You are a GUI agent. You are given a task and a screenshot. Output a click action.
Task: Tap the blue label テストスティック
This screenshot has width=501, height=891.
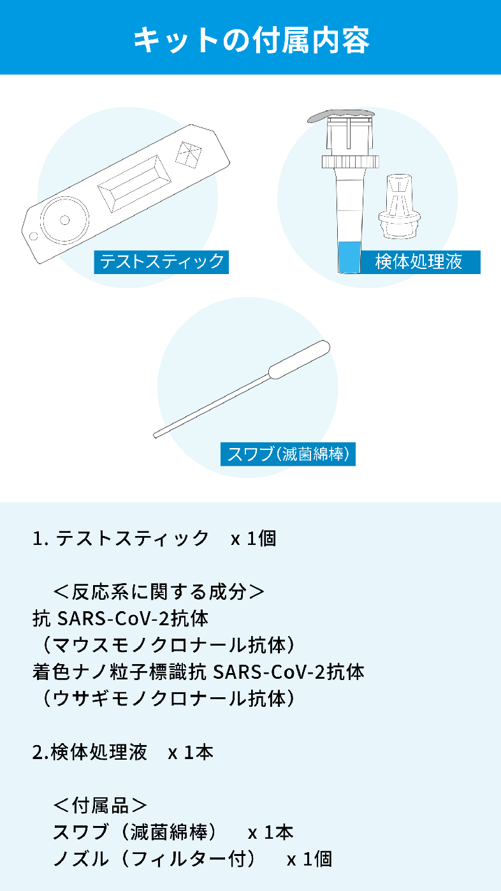tap(161, 262)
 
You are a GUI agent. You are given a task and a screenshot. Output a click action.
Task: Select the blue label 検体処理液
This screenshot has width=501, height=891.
tap(420, 262)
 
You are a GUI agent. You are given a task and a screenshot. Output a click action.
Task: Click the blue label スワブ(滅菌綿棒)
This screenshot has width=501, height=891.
tap(288, 454)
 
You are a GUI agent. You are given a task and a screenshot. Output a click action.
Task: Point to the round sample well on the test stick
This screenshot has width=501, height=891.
tap(65, 220)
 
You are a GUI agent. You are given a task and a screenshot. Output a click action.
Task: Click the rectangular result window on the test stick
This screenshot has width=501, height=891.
tap(134, 184)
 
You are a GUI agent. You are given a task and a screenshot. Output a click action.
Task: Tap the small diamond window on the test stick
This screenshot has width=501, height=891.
tap(188, 154)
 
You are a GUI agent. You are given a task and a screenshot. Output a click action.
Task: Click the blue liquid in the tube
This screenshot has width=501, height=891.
tap(349, 257)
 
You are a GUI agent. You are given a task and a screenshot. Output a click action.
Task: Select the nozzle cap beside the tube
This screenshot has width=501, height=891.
tap(399, 206)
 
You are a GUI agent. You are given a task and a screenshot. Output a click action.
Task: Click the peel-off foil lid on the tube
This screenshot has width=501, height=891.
tap(340, 115)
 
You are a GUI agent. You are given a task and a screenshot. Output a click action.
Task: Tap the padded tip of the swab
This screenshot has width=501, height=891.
tap(299, 360)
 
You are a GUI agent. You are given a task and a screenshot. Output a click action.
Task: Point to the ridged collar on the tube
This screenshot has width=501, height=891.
tap(350, 161)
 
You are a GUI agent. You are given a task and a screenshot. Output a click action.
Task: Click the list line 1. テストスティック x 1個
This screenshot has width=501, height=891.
tap(154, 539)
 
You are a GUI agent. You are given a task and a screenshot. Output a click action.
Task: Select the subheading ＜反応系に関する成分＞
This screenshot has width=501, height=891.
tap(159, 592)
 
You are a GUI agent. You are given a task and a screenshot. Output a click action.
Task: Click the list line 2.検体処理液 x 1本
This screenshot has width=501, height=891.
tap(122, 752)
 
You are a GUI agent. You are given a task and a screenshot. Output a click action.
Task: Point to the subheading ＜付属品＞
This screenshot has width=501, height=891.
tap(100, 806)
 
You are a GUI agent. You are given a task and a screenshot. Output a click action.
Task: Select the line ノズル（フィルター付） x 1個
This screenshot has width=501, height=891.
tap(192, 859)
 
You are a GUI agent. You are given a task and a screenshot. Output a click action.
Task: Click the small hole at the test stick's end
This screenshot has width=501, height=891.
tap(34, 236)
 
